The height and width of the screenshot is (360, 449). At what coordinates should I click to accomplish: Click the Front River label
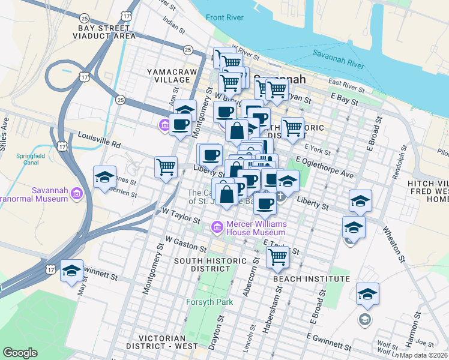tap(224, 17)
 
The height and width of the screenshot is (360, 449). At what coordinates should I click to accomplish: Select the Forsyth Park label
tap(208, 302)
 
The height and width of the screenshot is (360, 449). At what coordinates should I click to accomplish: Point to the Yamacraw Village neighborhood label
tap(169, 76)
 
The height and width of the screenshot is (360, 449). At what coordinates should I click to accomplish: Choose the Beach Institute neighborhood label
tap(311, 279)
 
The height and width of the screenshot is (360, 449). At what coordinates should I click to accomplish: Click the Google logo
tap(20, 353)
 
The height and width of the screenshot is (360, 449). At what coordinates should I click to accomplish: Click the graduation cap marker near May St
tap(72, 271)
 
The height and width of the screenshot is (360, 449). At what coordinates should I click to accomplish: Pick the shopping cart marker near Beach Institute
tap(278, 256)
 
